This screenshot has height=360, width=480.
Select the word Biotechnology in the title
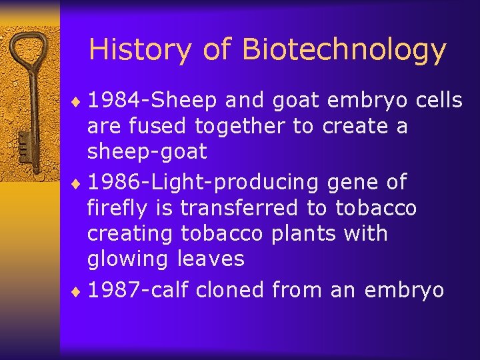(344, 51)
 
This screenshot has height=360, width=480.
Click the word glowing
(129, 259)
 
